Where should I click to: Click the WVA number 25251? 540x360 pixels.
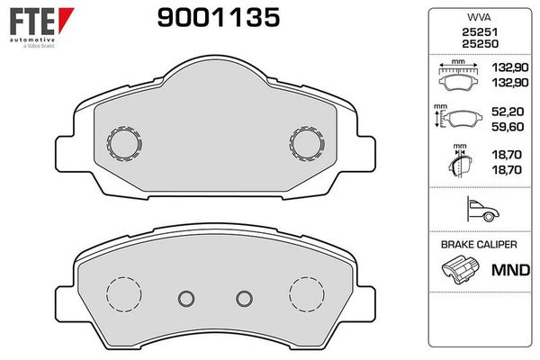(x=477, y=32)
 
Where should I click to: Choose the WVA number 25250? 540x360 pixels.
(x=477, y=44)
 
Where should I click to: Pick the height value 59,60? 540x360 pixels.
(x=507, y=128)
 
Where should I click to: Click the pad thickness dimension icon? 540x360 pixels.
(x=460, y=165)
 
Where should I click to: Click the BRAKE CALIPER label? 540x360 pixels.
(x=477, y=244)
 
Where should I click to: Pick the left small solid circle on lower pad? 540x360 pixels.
(x=186, y=298)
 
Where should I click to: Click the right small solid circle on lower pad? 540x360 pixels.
(x=241, y=298)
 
